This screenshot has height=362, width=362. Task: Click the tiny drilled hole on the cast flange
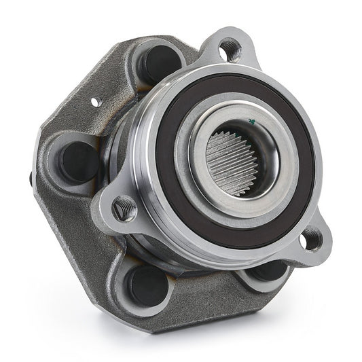point(96,102)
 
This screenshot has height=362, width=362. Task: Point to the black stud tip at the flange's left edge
point(32,179)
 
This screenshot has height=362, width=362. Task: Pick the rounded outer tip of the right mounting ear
point(326,245)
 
